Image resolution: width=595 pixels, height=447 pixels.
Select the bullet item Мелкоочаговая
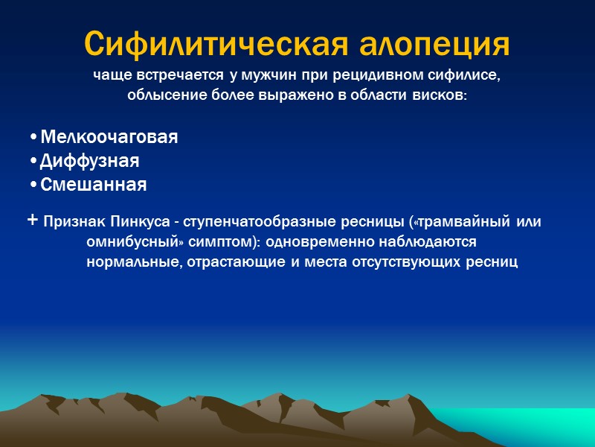tap(109, 138)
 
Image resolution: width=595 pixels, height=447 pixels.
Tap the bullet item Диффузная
tap(89, 161)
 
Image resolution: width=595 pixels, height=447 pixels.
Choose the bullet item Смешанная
tap(93, 185)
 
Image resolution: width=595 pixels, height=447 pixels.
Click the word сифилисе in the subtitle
tap(465, 76)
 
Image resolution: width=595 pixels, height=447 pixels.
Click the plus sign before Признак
tap(32, 221)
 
